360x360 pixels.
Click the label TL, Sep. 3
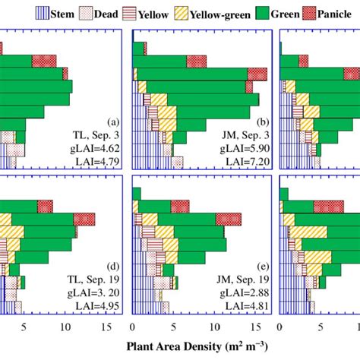pyautogui.click(x=97, y=134)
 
